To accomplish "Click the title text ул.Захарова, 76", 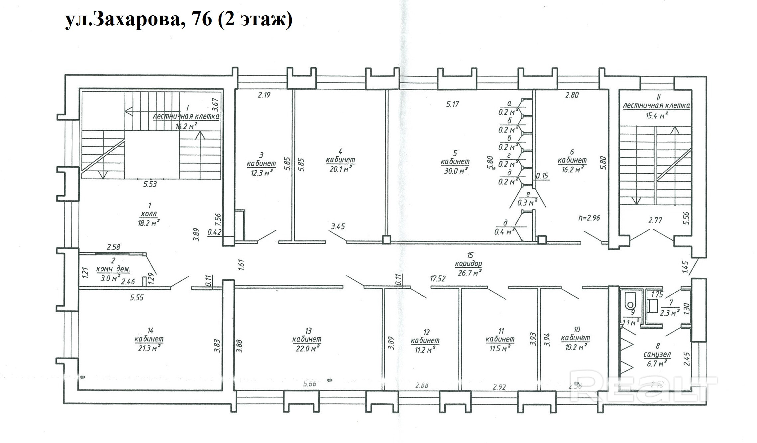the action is click(x=139, y=20).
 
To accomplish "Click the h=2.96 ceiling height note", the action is click(x=589, y=218).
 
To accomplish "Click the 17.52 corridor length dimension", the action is click(x=437, y=279).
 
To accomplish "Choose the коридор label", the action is click(x=469, y=264).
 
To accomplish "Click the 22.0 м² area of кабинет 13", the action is click(x=306, y=348).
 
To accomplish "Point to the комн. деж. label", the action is click(x=113, y=269).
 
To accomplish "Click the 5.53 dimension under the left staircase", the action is click(x=150, y=184).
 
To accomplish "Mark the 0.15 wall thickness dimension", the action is click(x=542, y=176).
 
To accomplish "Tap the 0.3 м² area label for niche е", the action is click(x=528, y=202).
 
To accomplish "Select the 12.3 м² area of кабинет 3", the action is click(x=262, y=173).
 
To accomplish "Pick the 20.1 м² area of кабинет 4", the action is click(x=340, y=169).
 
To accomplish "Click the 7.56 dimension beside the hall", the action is click(x=218, y=220).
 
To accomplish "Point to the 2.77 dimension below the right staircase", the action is click(x=655, y=220).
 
